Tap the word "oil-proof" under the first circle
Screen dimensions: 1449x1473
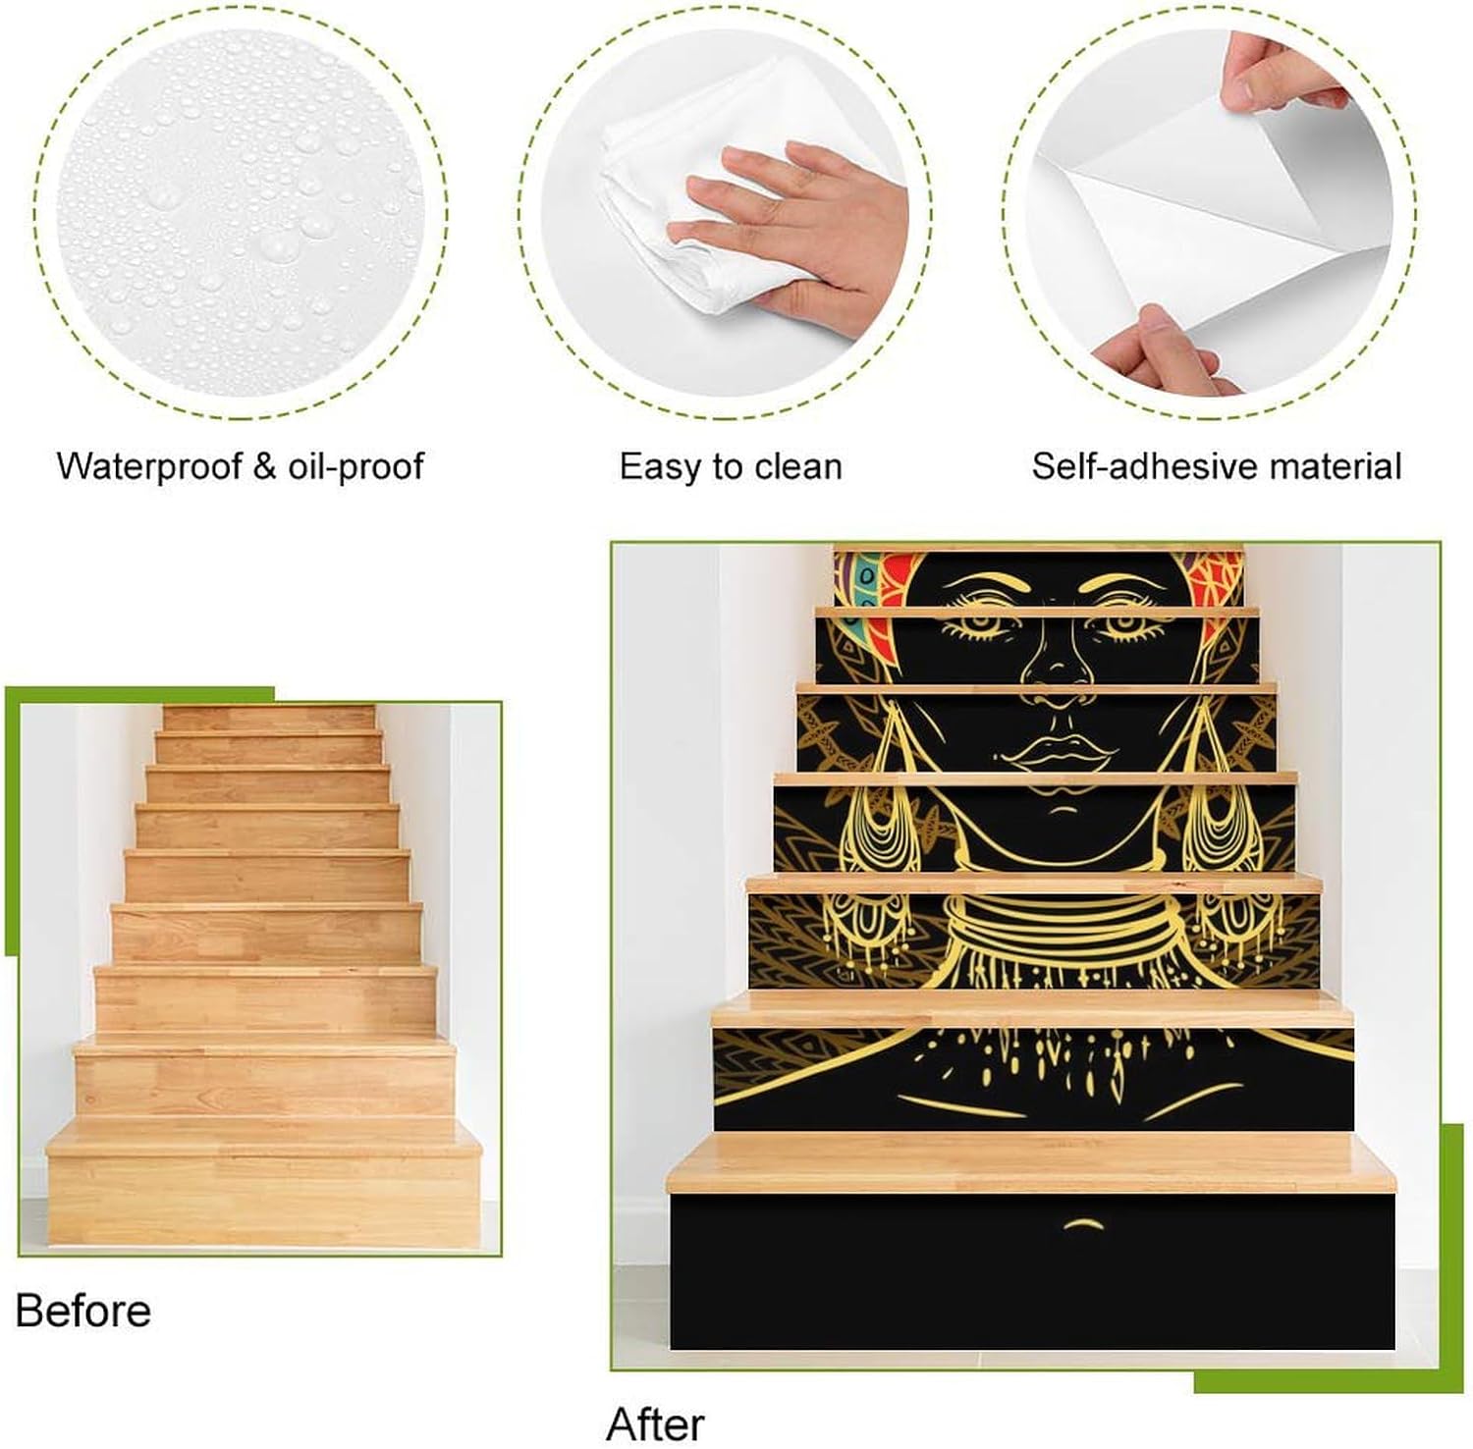355,466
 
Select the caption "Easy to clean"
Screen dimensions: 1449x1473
731,466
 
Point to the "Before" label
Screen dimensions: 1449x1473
83,1312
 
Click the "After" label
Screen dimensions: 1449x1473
655,1424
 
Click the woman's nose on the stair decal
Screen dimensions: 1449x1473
1057,668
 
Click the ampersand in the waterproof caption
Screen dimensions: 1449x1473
264,466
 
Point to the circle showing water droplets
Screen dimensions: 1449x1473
241,211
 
